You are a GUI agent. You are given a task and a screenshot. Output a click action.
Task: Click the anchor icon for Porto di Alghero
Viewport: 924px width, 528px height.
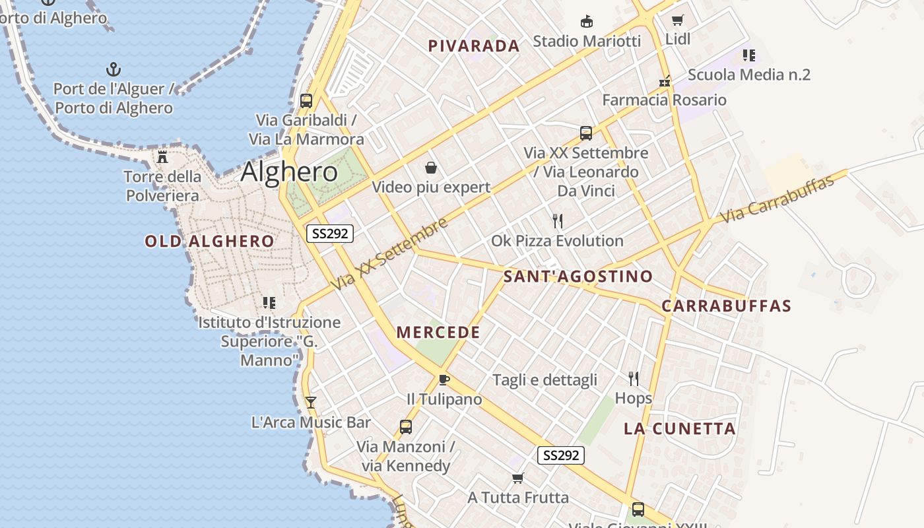pos(114,69)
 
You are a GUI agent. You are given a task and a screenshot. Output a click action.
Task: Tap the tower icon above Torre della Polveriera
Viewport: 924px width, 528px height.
pos(162,157)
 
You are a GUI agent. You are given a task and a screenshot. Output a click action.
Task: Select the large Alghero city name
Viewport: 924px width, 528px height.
pos(289,172)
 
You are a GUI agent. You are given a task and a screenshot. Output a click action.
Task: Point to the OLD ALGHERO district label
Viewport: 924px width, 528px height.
pos(209,242)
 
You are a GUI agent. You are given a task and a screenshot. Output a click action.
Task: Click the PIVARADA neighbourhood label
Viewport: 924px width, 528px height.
pos(474,46)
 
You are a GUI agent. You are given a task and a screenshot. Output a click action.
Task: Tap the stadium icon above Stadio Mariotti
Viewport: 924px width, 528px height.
pos(586,22)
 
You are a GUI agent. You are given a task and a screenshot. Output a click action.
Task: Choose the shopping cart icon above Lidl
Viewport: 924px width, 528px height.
pos(677,20)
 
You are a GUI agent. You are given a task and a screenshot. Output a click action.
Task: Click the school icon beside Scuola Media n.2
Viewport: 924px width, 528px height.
pos(748,55)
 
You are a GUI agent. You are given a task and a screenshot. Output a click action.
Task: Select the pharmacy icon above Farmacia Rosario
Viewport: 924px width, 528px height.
pos(665,82)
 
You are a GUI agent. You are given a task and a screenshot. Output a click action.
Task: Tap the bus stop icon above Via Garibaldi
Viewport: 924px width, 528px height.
pos(306,101)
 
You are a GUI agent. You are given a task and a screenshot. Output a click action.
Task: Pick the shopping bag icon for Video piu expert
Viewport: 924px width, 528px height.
pos(431,168)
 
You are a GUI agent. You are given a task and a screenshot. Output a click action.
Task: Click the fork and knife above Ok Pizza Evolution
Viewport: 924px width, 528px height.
pos(558,220)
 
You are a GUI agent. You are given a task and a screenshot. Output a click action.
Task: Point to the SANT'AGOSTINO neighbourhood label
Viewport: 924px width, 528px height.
pos(578,277)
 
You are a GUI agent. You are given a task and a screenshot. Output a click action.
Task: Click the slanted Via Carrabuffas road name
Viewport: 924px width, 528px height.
pos(777,199)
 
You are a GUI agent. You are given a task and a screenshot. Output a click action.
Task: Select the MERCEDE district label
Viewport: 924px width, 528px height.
pos(438,333)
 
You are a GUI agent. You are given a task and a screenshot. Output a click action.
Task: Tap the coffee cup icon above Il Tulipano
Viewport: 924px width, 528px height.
pos(444,379)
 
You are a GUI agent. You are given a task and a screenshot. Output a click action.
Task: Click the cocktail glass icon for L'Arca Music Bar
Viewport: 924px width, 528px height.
pos(311,402)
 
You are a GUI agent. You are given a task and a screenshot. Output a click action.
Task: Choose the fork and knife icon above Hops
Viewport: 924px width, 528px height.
pos(634,379)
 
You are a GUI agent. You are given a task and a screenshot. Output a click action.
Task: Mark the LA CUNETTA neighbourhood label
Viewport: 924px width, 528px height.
pos(680,429)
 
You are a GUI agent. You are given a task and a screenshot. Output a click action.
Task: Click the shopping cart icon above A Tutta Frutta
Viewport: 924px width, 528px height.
pos(518,478)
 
